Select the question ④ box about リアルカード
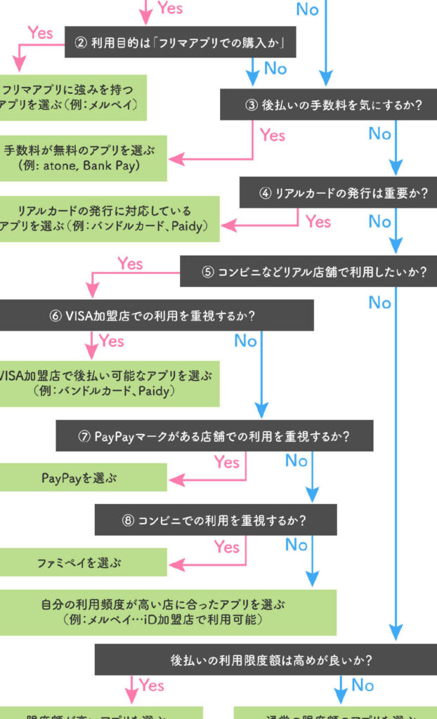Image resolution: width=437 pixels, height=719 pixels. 338,193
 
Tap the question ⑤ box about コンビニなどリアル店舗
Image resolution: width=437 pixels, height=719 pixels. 308,272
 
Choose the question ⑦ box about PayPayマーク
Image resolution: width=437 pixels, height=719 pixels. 214,436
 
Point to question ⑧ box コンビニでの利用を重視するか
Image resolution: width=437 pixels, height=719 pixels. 216,520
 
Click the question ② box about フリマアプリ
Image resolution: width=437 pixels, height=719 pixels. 180,44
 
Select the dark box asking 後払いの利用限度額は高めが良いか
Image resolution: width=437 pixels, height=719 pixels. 266,660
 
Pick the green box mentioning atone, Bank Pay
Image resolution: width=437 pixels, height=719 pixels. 83,158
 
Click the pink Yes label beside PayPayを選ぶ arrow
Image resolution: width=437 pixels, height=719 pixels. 227,462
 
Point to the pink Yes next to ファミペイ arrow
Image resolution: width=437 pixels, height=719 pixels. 227,546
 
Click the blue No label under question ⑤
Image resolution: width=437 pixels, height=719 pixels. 380,303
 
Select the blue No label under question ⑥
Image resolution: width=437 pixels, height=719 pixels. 245,341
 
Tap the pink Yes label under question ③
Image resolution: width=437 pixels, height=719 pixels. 273,135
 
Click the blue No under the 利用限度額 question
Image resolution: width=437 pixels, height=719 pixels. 363,685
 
